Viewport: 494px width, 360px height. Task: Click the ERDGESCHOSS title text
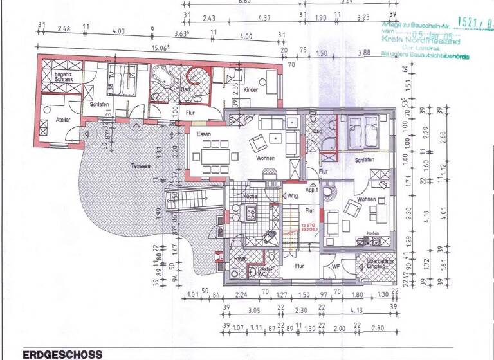pos(62,354)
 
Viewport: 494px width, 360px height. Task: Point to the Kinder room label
pos(250,90)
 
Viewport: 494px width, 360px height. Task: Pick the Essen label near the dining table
pos(204,134)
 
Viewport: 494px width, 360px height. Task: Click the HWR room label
pos(239,259)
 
